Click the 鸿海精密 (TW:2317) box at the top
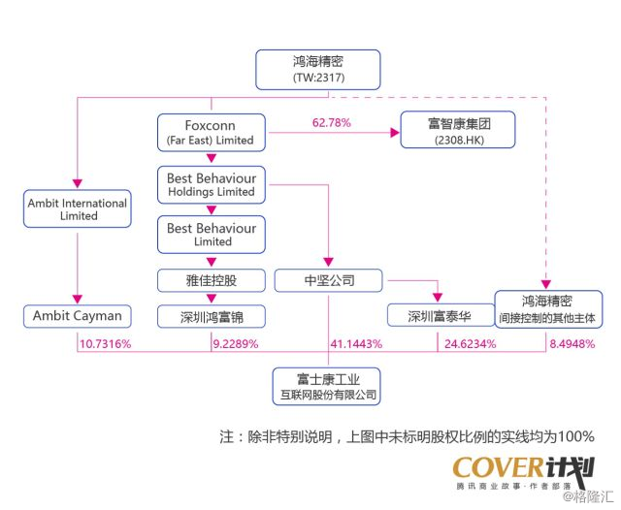click(318, 68)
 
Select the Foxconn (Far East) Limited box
click(211, 132)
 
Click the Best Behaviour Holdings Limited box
click(211, 184)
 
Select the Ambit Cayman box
click(78, 315)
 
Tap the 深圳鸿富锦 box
click(211, 316)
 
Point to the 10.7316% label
click(105, 344)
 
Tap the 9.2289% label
click(237, 344)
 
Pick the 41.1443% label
click(356, 344)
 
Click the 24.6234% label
click(470, 344)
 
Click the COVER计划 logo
click(523, 470)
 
